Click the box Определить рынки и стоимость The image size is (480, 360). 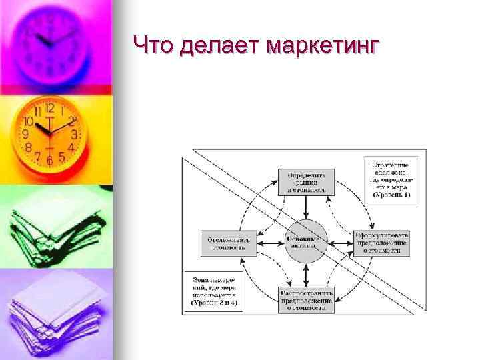pos(306,181)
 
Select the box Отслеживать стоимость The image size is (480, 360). pos(227,243)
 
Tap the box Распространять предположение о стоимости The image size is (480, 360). pos(306,299)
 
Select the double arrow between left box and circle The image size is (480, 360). pos(269,243)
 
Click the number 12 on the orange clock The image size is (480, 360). pos(49,108)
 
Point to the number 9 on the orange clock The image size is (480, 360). pos(25,134)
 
